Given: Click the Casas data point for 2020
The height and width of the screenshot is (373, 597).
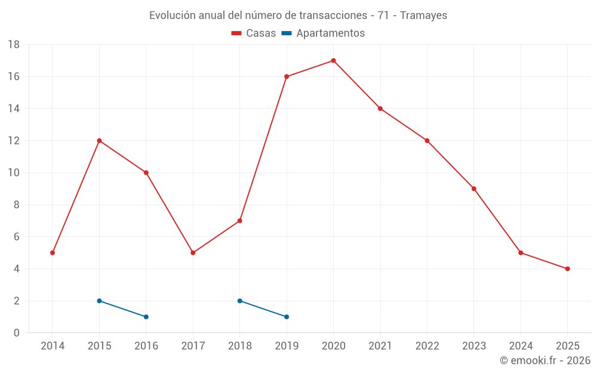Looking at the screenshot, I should click(333, 60).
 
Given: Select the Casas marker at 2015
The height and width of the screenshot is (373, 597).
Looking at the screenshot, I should click(99, 141).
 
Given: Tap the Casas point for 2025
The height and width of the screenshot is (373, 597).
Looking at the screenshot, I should click(567, 269).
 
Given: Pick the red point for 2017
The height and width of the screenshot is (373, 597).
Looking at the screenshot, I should click(193, 253).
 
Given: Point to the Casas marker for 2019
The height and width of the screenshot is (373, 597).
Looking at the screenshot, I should click(287, 76).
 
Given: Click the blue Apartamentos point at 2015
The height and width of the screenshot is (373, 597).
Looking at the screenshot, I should click(99, 301).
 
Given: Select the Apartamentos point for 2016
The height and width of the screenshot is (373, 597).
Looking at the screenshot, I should click(146, 317).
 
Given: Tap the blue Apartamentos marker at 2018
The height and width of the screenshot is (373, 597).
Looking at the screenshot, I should click(240, 301).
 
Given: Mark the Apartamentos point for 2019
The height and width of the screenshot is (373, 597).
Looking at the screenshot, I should click(287, 317).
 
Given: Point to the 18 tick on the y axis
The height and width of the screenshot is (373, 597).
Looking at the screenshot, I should click(14, 45).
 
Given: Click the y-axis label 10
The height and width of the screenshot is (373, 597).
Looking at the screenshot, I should click(14, 173).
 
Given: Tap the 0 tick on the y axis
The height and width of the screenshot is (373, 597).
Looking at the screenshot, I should click(17, 333).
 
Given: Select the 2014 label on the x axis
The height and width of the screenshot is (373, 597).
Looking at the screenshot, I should click(53, 346).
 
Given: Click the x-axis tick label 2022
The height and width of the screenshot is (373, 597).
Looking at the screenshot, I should click(427, 346).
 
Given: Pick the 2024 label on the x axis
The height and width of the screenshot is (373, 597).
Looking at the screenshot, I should click(521, 346).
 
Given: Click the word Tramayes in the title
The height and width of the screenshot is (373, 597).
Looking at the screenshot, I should click(423, 16).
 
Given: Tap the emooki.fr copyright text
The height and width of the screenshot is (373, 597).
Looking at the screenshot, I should click(545, 360).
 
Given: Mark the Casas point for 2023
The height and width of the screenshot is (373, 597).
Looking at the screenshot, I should click(474, 189).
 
